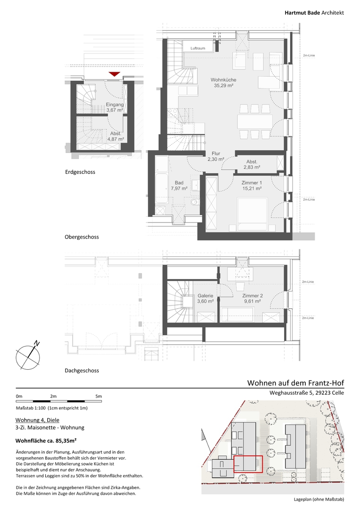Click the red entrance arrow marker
coord(114,74)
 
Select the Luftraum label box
coord(198,48)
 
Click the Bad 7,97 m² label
coord(179,186)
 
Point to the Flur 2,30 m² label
coord(216,156)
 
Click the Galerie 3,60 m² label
coord(205,298)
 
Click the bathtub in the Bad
coord(162,180)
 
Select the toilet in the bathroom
coord(194,203)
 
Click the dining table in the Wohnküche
coord(255,121)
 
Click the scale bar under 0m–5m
coord(59,401)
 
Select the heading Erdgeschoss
coord(80,172)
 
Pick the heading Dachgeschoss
coord(82,371)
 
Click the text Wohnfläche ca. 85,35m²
coord(46,441)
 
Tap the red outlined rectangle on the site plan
coord(248,464)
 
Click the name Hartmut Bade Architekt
coord(314,13)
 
